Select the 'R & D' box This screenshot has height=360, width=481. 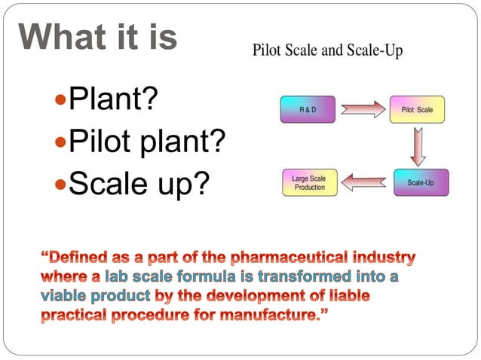(308, 110)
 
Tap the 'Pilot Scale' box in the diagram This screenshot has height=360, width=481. (418, 110)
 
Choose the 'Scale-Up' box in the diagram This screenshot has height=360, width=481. (420, 183)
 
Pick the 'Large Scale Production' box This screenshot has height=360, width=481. (309, 183)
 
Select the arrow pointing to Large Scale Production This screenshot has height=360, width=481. (365, 182)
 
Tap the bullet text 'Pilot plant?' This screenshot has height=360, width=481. (147, 142)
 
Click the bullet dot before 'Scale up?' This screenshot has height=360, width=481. (61, 184)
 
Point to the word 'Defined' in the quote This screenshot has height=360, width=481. (78, 259)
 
